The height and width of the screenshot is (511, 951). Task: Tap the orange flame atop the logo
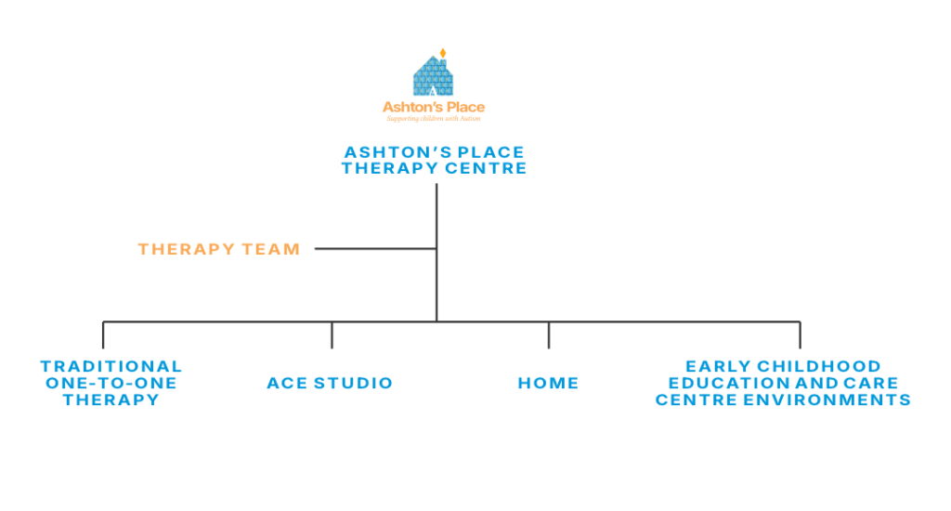pos(443,53)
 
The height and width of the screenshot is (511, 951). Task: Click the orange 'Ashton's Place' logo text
pos(434,108)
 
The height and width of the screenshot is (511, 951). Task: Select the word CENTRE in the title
pos(489,168)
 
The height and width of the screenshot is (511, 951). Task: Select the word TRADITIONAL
pos(111,366)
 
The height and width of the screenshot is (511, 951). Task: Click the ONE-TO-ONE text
pos(111,383)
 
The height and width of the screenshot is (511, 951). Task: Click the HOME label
pos(548,383)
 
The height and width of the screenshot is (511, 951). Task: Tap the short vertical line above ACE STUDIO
pos(332,335)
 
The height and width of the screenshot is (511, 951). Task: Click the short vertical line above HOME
pos(548,335)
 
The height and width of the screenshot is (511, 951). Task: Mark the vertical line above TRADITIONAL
pos(103,335)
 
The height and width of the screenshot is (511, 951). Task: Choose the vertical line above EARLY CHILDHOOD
pos(799,335)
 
